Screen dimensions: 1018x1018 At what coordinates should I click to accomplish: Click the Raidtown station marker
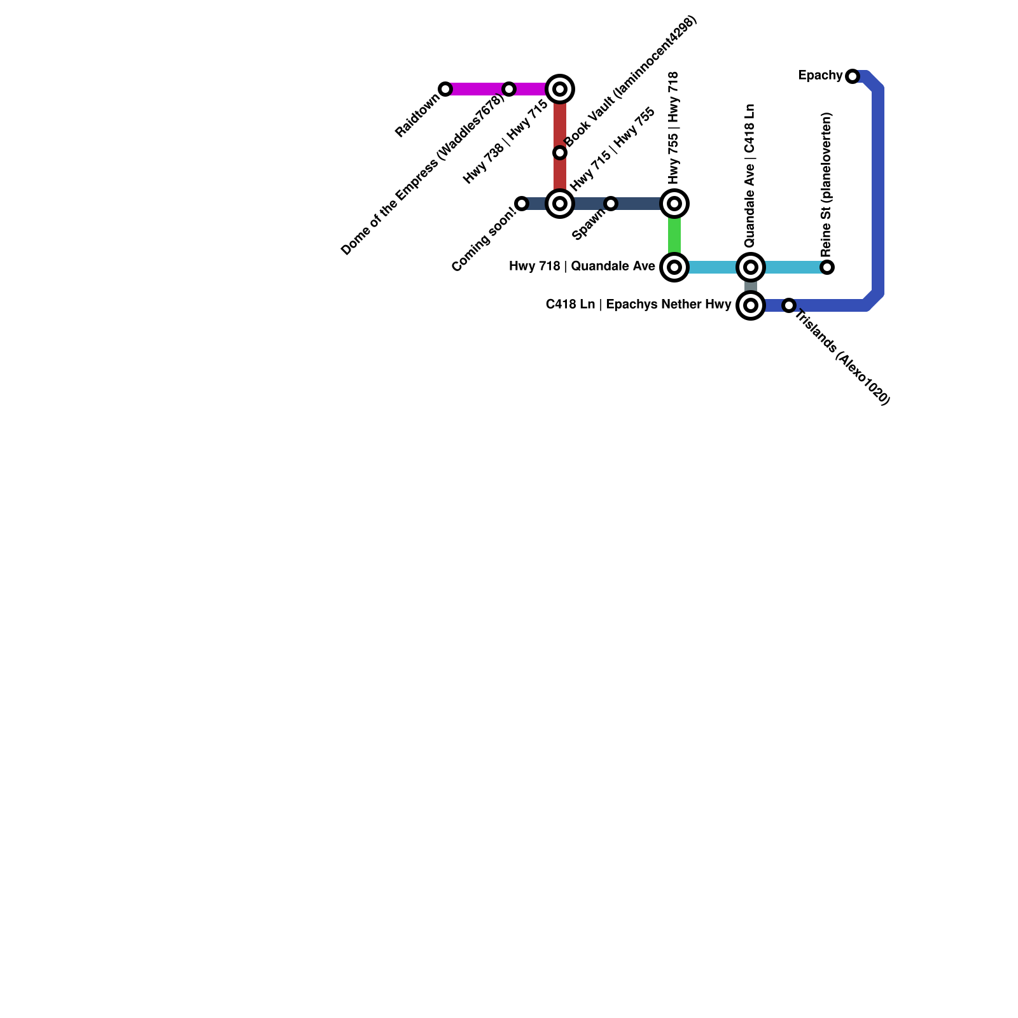pyautogui.click(x=445, y=89)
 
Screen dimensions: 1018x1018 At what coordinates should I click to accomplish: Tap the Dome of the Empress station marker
pyautogui.click(x=509, y=89)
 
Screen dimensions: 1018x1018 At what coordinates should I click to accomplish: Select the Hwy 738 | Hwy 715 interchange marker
pyautogui.click(x=560, y=89)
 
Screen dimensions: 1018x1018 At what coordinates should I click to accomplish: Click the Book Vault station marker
pyautogui.click(x=560, y=153)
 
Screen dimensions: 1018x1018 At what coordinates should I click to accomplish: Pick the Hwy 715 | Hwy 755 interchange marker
pyautogui.click(x=560, y=204)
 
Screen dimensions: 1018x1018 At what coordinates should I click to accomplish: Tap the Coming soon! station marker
pyautogui.click(x=522, y=204)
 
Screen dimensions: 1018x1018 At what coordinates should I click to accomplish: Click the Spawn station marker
pyautogui.click(x=611, y=204)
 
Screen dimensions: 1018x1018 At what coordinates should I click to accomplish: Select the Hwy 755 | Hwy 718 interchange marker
pyautogui.click(x=674, y=204)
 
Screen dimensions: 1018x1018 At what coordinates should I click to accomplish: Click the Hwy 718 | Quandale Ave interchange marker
pyautogui.click(x=674, y=267)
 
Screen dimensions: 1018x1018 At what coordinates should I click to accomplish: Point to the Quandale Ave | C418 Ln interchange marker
pyautogui.click(x=751, y=267)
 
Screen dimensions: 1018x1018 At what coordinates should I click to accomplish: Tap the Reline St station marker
pyautogui.click(x=827, y=267)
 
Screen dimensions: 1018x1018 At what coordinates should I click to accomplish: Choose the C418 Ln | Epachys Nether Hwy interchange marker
pyautogui.click(x=751, y=305)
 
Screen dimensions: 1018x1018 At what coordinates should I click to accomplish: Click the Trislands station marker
pyautogui.click(x=789, y=305)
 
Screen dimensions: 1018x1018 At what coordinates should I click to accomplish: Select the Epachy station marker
pyautogui.click(x=853, y=76)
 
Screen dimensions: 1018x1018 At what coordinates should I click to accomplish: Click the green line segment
pyautogui.click(x=674, y=235)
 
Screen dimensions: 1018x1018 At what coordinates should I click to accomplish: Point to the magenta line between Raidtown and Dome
pyautogui.click(x=477, y=89)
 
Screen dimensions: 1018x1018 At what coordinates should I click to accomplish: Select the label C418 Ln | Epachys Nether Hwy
pyautogui.click(x=638, y=305)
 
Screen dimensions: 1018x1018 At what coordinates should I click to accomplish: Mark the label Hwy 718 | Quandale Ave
pyautogui.click(x=582, y=267)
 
